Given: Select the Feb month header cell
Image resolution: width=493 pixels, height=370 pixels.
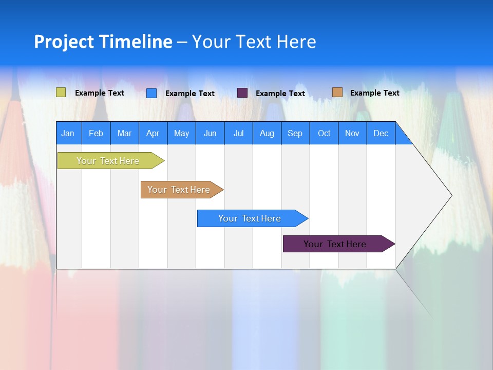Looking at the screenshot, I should [x=96, y=133].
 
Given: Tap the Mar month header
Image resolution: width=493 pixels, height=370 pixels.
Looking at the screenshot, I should [x=124, y=133].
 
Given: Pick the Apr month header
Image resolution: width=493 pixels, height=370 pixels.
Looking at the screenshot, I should [x=153, y=133].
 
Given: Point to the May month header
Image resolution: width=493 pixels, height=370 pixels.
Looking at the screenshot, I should [x=181, y=133].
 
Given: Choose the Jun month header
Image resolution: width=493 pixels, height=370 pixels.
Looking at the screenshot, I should [x=210, y=133].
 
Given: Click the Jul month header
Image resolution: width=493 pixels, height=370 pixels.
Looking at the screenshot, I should [x=238, y=133].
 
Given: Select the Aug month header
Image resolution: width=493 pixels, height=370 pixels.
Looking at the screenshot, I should [x=267, y=133].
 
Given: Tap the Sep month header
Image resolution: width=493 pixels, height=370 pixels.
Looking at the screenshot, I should [x=295, y=133].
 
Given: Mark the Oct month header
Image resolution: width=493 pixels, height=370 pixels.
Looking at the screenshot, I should [x=324, y=133].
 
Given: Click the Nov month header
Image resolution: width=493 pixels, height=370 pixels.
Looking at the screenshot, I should [x=352, y=133].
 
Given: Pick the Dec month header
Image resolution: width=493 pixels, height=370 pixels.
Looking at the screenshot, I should [x=381, y=133].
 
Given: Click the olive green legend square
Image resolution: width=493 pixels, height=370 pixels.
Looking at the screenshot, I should [x=61, y=92].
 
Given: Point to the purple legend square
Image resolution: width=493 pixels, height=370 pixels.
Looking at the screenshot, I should [x=242, y=92].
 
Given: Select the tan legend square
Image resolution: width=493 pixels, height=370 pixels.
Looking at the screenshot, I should [x=337, y=92].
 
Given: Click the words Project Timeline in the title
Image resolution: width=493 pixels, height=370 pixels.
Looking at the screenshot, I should [x=103, y=42].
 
